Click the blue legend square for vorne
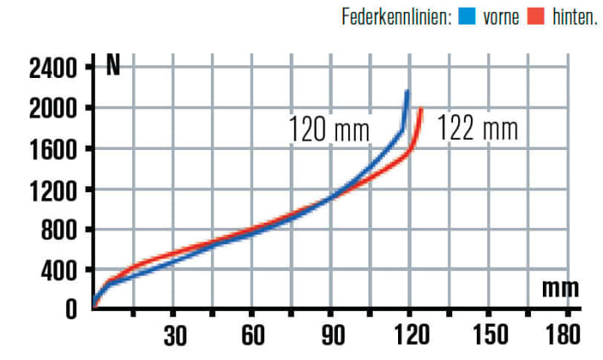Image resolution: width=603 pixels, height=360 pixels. tap(466, 16)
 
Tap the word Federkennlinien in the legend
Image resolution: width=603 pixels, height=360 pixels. tap(395, 16)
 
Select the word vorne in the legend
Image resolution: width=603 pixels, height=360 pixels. tap(501, 16)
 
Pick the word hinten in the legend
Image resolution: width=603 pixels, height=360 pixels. tap(574, 16)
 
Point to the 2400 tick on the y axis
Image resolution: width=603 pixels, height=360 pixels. tap(53, 67)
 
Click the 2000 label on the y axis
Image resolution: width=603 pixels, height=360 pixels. tap(53, 108)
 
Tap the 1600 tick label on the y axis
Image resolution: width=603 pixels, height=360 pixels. tap(53, 148)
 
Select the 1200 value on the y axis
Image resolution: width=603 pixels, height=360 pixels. tap(53, 189)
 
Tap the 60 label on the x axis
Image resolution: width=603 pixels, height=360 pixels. tap(253, 335)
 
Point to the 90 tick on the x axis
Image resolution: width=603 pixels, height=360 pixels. tap(333, 335)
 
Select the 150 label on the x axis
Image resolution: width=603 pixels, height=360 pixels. tap(489, 335)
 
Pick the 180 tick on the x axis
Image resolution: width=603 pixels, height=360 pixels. tap(563, 335)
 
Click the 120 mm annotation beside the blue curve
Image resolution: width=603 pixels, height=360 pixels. tap(328, 131)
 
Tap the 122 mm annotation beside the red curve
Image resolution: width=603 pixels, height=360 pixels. tap(477, 130)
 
